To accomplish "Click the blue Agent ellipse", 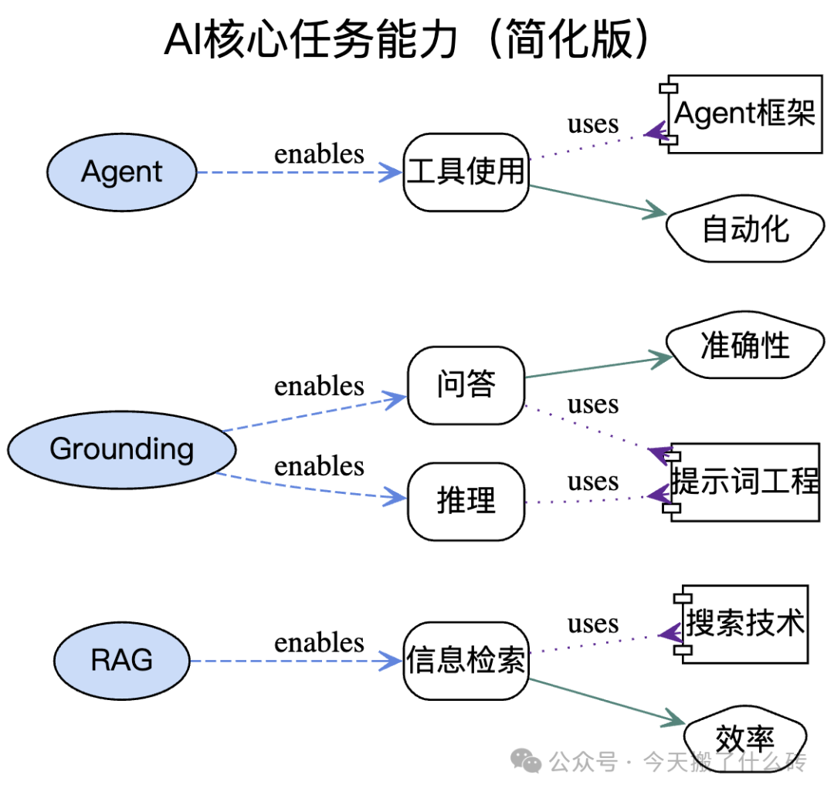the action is pos(122,172).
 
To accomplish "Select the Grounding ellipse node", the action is pos(122,449).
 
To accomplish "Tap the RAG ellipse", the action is pos(122,661).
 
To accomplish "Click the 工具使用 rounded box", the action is pos(466,172).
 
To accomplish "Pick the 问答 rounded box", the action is pos(466,385).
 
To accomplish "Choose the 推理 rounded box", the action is pos(466,502).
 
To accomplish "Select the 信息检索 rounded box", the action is pos(466,661).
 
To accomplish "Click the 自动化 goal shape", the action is pos(745,228).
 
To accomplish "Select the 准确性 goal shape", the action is pos(745,345).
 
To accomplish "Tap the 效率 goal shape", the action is pos(744,738).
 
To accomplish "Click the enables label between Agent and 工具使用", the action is pos(319,154).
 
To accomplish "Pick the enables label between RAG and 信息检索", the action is pos(319,642).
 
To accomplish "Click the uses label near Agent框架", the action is pos(593,124).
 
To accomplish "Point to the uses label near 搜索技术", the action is pos(593,624).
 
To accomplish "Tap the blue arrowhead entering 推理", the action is pos(395,497).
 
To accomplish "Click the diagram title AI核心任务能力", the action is pos(310,39).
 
